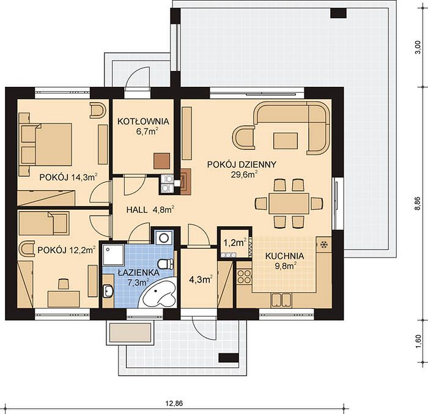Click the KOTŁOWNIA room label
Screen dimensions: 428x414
[x=143, y=122]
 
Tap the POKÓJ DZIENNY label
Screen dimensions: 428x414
[x=242, y=164]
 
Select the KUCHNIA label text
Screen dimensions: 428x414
[x=285, y=256]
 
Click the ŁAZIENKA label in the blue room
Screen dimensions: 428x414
[x=139, y=273]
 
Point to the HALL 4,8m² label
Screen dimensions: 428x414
[x=150, y=210]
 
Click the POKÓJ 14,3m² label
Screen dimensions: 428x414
[x=68, y=177]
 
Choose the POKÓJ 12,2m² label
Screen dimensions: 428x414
[x=67, y=250]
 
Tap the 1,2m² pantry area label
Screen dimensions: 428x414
[x=235, y=242]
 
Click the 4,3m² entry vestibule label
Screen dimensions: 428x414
[x=201, y=279]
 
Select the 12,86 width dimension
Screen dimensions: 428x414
[x=174, y=403]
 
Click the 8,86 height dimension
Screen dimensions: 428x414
[x=418, y=204]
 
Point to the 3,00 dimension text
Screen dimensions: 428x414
[x=418, y=48]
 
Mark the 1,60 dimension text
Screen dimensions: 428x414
[x=418, y=342]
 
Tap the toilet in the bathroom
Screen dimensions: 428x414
[x=165, y=264]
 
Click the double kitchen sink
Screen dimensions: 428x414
[x=281, y=299]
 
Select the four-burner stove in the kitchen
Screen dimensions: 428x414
[x=244, y=276]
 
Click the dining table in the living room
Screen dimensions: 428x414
[x=289, y=204]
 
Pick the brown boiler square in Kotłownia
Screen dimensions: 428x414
[x=161, y=161]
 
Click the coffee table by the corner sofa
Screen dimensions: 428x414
[x=286, y=141]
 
